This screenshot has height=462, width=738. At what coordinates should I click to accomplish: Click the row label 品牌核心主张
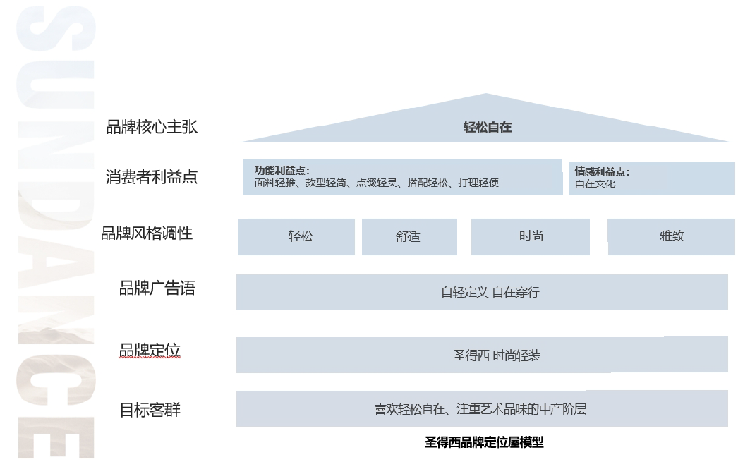point(151,127)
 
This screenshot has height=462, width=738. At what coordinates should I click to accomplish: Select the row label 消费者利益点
point(151,177)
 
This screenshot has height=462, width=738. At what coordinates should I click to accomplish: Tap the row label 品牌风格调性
point(147,233)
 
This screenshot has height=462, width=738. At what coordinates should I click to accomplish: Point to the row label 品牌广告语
point(157,288)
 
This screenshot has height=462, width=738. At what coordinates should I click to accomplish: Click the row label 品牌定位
point(150,351)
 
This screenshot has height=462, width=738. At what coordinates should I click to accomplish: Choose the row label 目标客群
point(150,410)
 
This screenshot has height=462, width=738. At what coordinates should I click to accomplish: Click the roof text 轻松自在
point(487,128)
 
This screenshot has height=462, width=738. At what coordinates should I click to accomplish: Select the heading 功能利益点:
point(282,171)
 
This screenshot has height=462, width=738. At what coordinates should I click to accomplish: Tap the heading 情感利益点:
point(602,171)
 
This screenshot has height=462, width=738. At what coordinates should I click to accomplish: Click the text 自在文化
point(595,184)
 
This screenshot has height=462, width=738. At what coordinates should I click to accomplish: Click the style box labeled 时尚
point(531,236)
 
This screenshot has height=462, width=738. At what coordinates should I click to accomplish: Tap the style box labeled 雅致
point(672,236)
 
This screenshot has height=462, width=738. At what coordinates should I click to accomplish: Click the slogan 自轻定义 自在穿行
point(490,292)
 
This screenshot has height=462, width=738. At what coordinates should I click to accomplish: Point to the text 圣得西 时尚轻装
point(497,355)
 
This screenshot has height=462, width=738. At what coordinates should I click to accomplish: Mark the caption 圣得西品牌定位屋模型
point(484,443)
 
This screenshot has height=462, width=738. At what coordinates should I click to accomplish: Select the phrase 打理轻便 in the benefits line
point(478,183)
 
